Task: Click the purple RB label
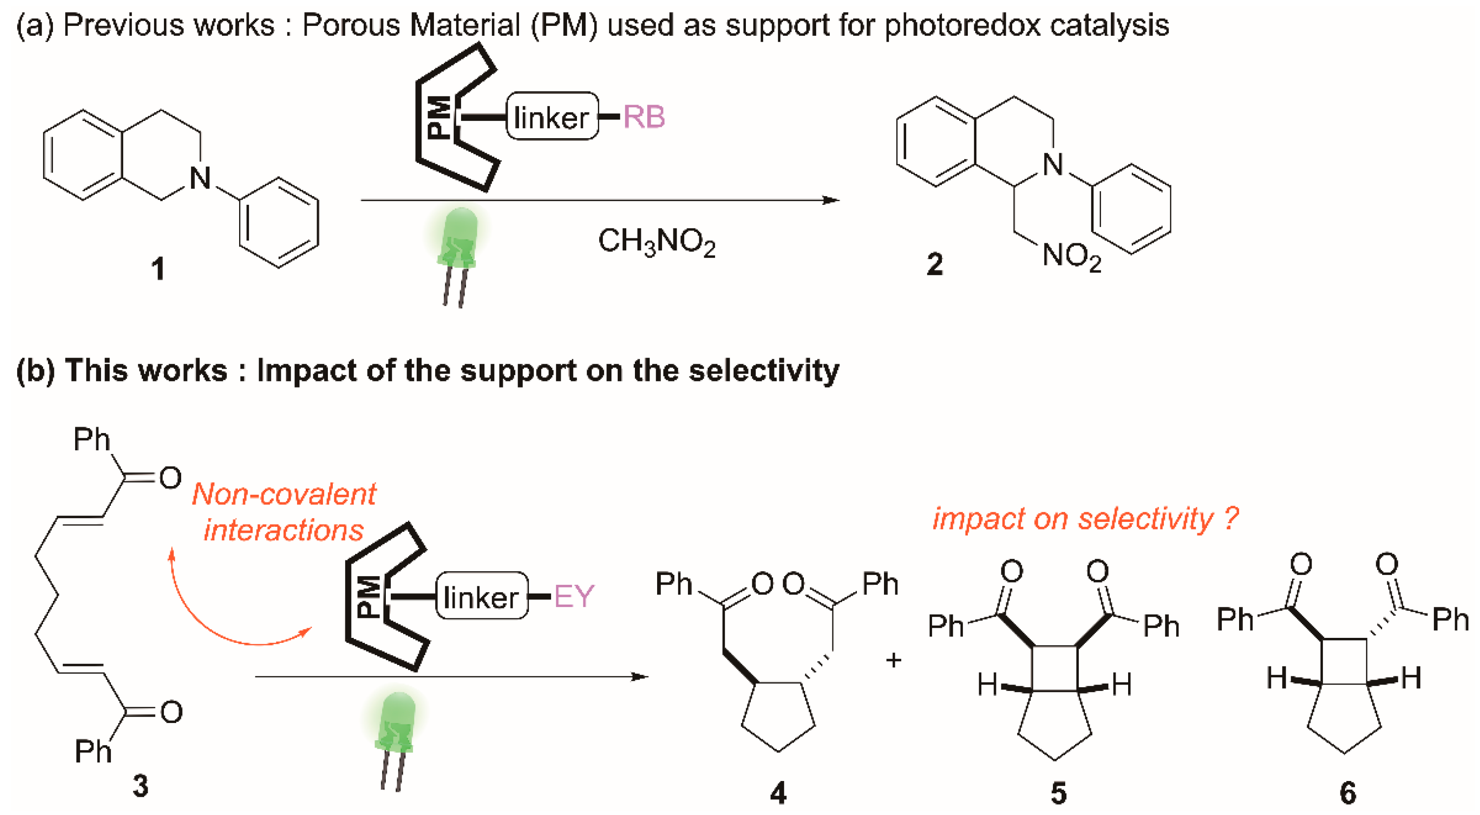pyautogui.click(x=644, y=117)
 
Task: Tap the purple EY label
pyautogui.click(x=573, y=596)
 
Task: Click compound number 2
pyautogui.click(x=934, y=265)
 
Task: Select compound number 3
pyautogui.click(x=140, y=786)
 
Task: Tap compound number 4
pyautogui.click(x=778, y=793)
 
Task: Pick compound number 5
pyautogui.click(x=1058, y=793)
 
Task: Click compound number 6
pyautogui.click(x=1348, y=793)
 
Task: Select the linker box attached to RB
pyautogui.click(x=552, y=117)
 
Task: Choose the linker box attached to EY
pyautogui.click(x=481, y=596)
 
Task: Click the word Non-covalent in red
pyautogui.click(x=284, y=494)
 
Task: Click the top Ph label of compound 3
pyautogui.click(x=92, y=440)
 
